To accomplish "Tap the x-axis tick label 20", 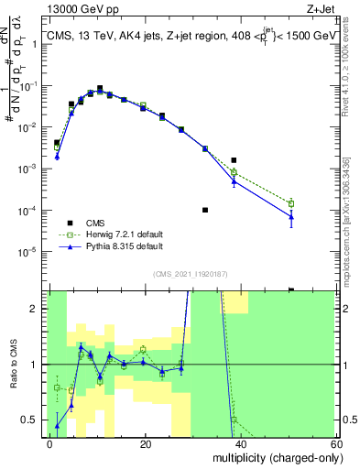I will (145, 443).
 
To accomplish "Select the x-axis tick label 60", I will (336, 443).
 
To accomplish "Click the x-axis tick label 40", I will (241, 443).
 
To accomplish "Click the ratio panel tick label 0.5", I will (33, 420).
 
